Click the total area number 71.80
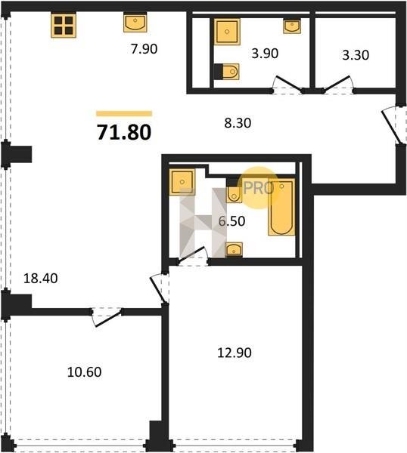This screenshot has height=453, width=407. [x=124, y=132]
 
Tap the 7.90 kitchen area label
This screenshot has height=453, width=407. [x=144, y=49]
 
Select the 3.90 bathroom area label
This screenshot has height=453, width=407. [x=265, y=54]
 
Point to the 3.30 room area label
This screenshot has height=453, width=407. [x=356, y=55]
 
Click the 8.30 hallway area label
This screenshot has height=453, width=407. [x=238, y=123]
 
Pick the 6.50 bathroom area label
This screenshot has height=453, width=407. [x=231, y=221]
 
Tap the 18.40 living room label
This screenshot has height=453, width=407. [x=41, y=278]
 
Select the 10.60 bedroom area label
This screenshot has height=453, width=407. [x=84, y=372]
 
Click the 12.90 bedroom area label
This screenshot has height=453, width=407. [x=235, y=353]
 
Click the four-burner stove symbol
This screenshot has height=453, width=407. [x=64, y=26]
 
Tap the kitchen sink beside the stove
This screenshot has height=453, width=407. [x=135, y=23]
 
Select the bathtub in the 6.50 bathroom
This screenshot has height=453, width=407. [x=281, y=207]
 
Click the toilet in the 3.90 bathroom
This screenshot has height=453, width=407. [x=228, y=72]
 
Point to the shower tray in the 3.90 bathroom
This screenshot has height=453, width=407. [x=227, y=32]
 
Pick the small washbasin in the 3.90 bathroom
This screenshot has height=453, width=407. [x=292, y=26]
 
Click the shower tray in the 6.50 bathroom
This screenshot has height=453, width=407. [x=182, y=182]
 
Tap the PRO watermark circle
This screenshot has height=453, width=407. [x=259, y=188]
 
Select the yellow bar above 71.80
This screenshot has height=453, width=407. [x=124, y=113]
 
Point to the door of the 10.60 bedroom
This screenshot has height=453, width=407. [x=106, y=317]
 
